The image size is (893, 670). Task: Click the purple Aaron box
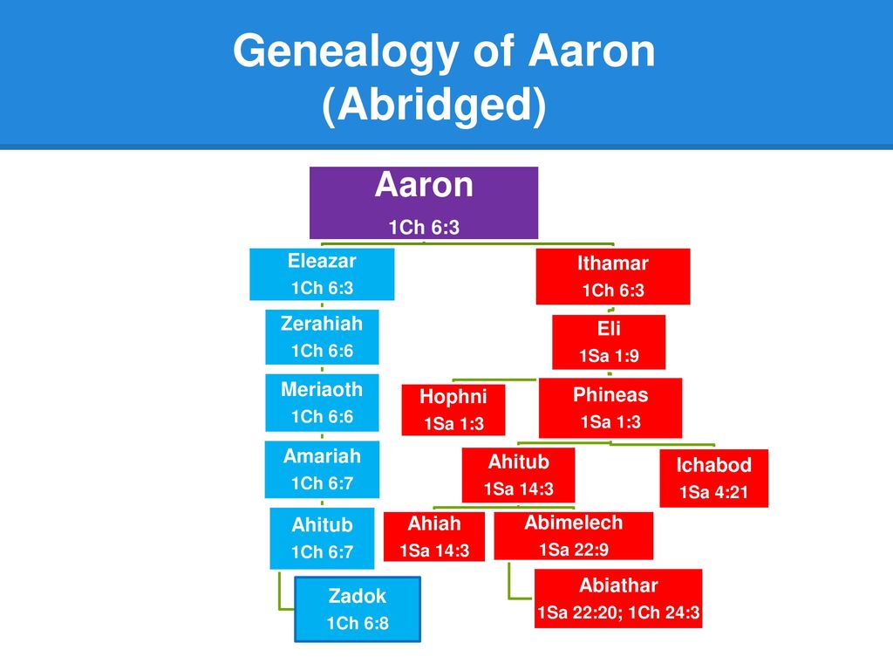pyautogui.click(x=424, y=202)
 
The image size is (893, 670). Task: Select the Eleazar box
pyautogui.click(x=322, y=274)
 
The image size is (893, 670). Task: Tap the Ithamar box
pyautogui.click(x=613, y=277)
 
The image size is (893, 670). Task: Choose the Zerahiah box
pyautogui.click(x=322, y=337)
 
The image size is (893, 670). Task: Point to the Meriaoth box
pyautogui.click(x=322, y=403)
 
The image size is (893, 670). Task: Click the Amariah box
pyautogui.click(x=322, y=469)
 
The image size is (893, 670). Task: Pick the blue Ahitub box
pyautogui.click(x=322, y=538)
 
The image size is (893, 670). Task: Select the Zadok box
pyautogui.click(x=358, y=609)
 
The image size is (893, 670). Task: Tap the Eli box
pyautogui.click(x=608, y=342)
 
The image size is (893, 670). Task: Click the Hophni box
pyautogui.click(x=453, y=410)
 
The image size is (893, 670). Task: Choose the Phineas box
pyautogui.click(x=610, y=408)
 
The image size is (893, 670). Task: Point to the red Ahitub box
pyautogui.click(x=518, y=475)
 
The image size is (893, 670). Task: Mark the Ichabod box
pyautogui.click(x=713, y=478)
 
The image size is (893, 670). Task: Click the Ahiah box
pyautogui.click(x=434, y=537)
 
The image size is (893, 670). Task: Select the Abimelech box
pyautogui.click(x=574, y=536)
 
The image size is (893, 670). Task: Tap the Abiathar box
pyautogui.click(x=618, y=598)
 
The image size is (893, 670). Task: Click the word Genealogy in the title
pyautogui.click(x=345, y=51)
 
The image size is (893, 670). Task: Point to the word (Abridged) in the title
pyautogui.click(x=434, y=105)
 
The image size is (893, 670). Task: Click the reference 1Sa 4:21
pyautogui.click(x=713, y=492)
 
